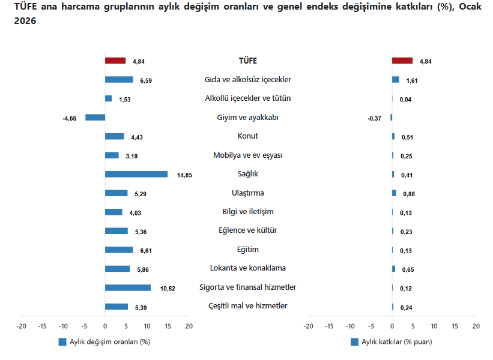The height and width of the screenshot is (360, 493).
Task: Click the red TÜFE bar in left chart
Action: pos(115,61)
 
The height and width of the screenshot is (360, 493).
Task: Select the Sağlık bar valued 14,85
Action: pos(136,174)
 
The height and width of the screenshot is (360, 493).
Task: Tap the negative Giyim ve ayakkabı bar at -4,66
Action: pos(95,118)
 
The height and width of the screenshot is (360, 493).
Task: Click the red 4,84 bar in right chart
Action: pos(402,61)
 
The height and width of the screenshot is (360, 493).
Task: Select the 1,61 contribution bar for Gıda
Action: pos(396,79)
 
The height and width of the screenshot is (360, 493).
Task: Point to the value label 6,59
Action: pos(146,80)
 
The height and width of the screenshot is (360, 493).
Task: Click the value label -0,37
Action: pos(374,118)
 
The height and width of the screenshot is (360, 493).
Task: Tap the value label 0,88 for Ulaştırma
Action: pos(409,194)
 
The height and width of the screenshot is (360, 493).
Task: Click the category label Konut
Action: pos(247,136)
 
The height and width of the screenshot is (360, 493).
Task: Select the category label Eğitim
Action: pos(247,250)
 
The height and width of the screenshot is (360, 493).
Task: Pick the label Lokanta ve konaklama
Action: pos(247,268)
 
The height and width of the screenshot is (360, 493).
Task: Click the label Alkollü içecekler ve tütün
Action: pos(247,98)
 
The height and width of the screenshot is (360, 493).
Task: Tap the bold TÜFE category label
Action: pos(247,61)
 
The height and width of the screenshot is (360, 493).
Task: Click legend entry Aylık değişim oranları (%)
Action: pos(109,342)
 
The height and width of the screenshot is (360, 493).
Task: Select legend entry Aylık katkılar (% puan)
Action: pos(396,342)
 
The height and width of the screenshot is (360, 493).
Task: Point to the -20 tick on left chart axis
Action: pos(22,326)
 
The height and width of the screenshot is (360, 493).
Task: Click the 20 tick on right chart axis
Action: pos(476,326)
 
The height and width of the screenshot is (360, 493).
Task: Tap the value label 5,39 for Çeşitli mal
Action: pos(141,308)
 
